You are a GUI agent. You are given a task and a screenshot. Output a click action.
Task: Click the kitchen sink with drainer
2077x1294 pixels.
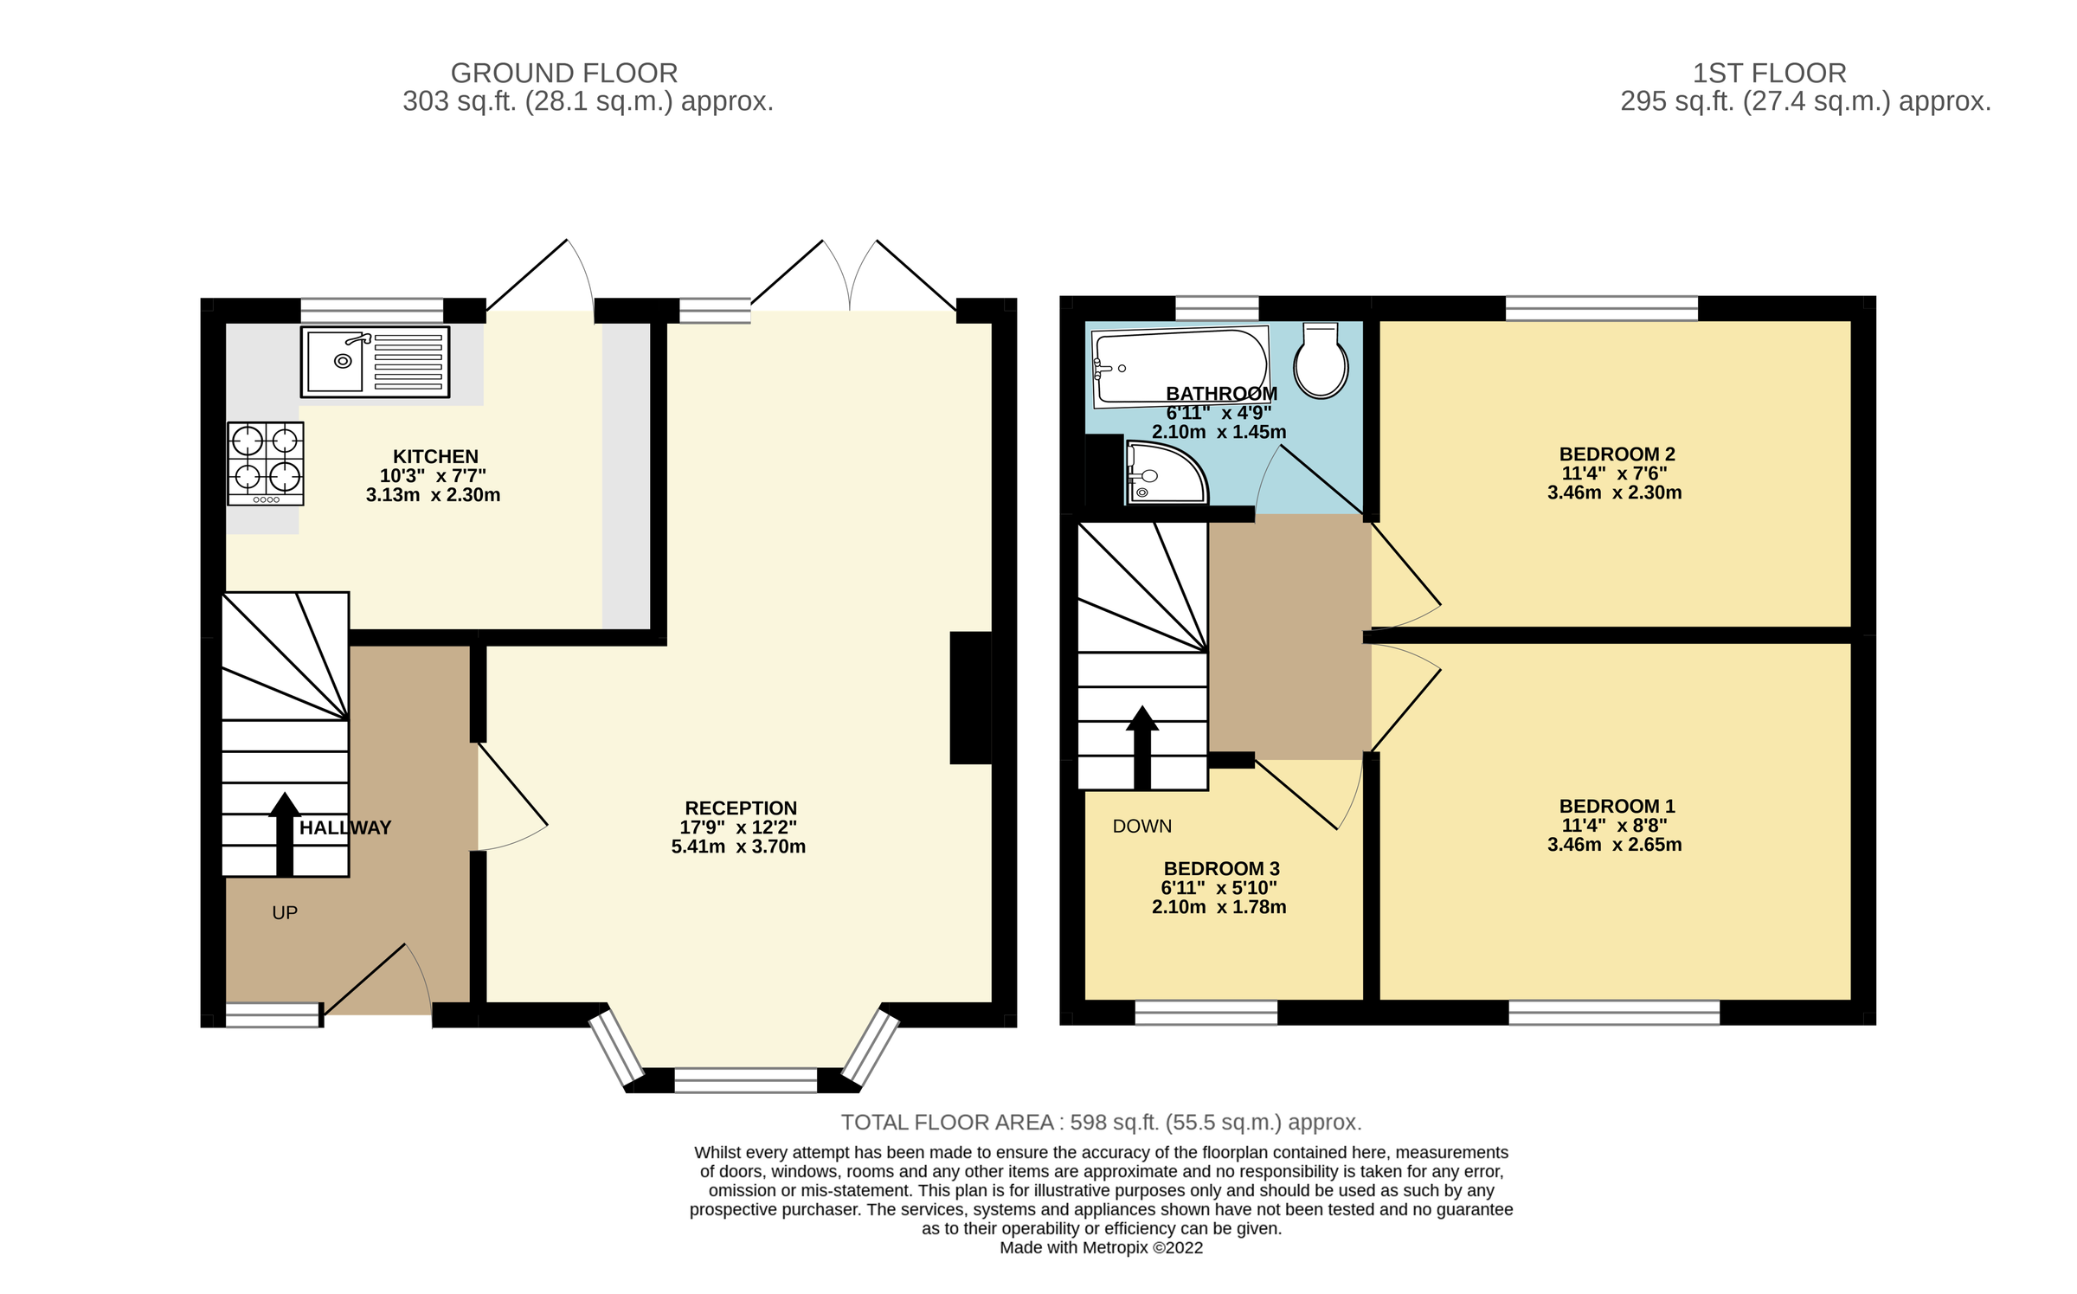click(375, 362)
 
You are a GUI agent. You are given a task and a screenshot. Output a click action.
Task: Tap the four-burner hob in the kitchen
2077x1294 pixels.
click(266, 463)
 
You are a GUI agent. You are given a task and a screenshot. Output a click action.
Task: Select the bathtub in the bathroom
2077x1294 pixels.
click(1180, 366)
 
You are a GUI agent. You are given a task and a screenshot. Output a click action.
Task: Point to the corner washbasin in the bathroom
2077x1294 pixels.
click(1165, 473)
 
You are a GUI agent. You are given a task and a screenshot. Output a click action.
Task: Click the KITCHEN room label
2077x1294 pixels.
click(435, 456)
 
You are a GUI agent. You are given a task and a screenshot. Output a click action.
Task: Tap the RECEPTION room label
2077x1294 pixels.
click(741, 808)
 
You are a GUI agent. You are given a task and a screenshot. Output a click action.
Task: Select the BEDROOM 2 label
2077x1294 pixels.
click(1617, 454)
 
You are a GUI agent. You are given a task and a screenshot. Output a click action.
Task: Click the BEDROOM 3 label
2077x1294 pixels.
click(1221, 868)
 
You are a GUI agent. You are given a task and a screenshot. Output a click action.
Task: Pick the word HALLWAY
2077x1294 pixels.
click(345, 827)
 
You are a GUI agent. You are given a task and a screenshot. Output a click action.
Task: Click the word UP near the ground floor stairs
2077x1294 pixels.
click(285, 912)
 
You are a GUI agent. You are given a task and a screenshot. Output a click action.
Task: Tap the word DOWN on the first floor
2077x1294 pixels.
click(1141, 826)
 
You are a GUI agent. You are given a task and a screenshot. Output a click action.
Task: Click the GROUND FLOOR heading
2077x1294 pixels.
click(564, 73)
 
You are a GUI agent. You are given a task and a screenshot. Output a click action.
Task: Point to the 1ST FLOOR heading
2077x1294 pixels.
click(1769, 73)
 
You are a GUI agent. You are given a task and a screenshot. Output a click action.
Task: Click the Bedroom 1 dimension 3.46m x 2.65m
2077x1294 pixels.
click(1614, 844)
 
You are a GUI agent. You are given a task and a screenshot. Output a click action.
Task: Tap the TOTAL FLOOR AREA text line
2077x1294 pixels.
click(1101, 1122)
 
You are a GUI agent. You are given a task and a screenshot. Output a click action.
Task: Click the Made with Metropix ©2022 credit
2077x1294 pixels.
click(1101, 1247)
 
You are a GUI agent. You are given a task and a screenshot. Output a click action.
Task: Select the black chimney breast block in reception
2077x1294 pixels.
click(970, 698)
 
